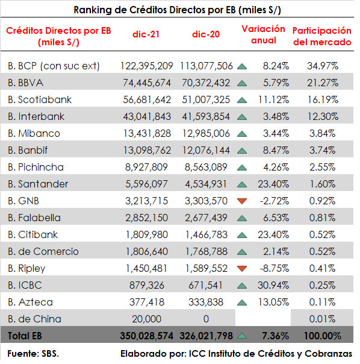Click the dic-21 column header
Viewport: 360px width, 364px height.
[x=146, y=34]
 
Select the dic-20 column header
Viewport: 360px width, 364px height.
[x=206, y=34]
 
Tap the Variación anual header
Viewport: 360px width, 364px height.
[x=263, y=34]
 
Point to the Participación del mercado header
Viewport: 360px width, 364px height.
[x=322, y=36]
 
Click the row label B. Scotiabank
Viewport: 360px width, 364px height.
[x=40, y=99]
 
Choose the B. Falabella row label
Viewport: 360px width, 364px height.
[x=34, y=218]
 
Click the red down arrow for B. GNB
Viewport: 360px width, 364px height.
[x=242, y=201]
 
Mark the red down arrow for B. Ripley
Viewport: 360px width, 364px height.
[x=242, y=269]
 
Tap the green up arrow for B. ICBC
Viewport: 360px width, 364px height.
[x=242, y=286]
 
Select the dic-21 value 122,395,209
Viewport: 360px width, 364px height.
[x=147, y=66]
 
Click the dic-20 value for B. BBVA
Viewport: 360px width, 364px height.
[x=206, y=83]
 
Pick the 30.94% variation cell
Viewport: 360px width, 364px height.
[x=273, y=285]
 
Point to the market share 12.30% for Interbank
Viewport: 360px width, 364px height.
[x=323, y=116]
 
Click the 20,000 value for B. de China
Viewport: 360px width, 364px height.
[x=147, y=319]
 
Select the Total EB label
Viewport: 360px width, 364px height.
[x=25, y=336]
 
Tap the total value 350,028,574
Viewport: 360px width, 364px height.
[x=147, y=336]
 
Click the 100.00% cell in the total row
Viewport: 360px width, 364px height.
[x=323, y=336]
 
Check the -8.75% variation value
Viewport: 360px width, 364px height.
[x=275, y=269]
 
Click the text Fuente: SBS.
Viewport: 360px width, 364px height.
[x=33, y=354]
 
